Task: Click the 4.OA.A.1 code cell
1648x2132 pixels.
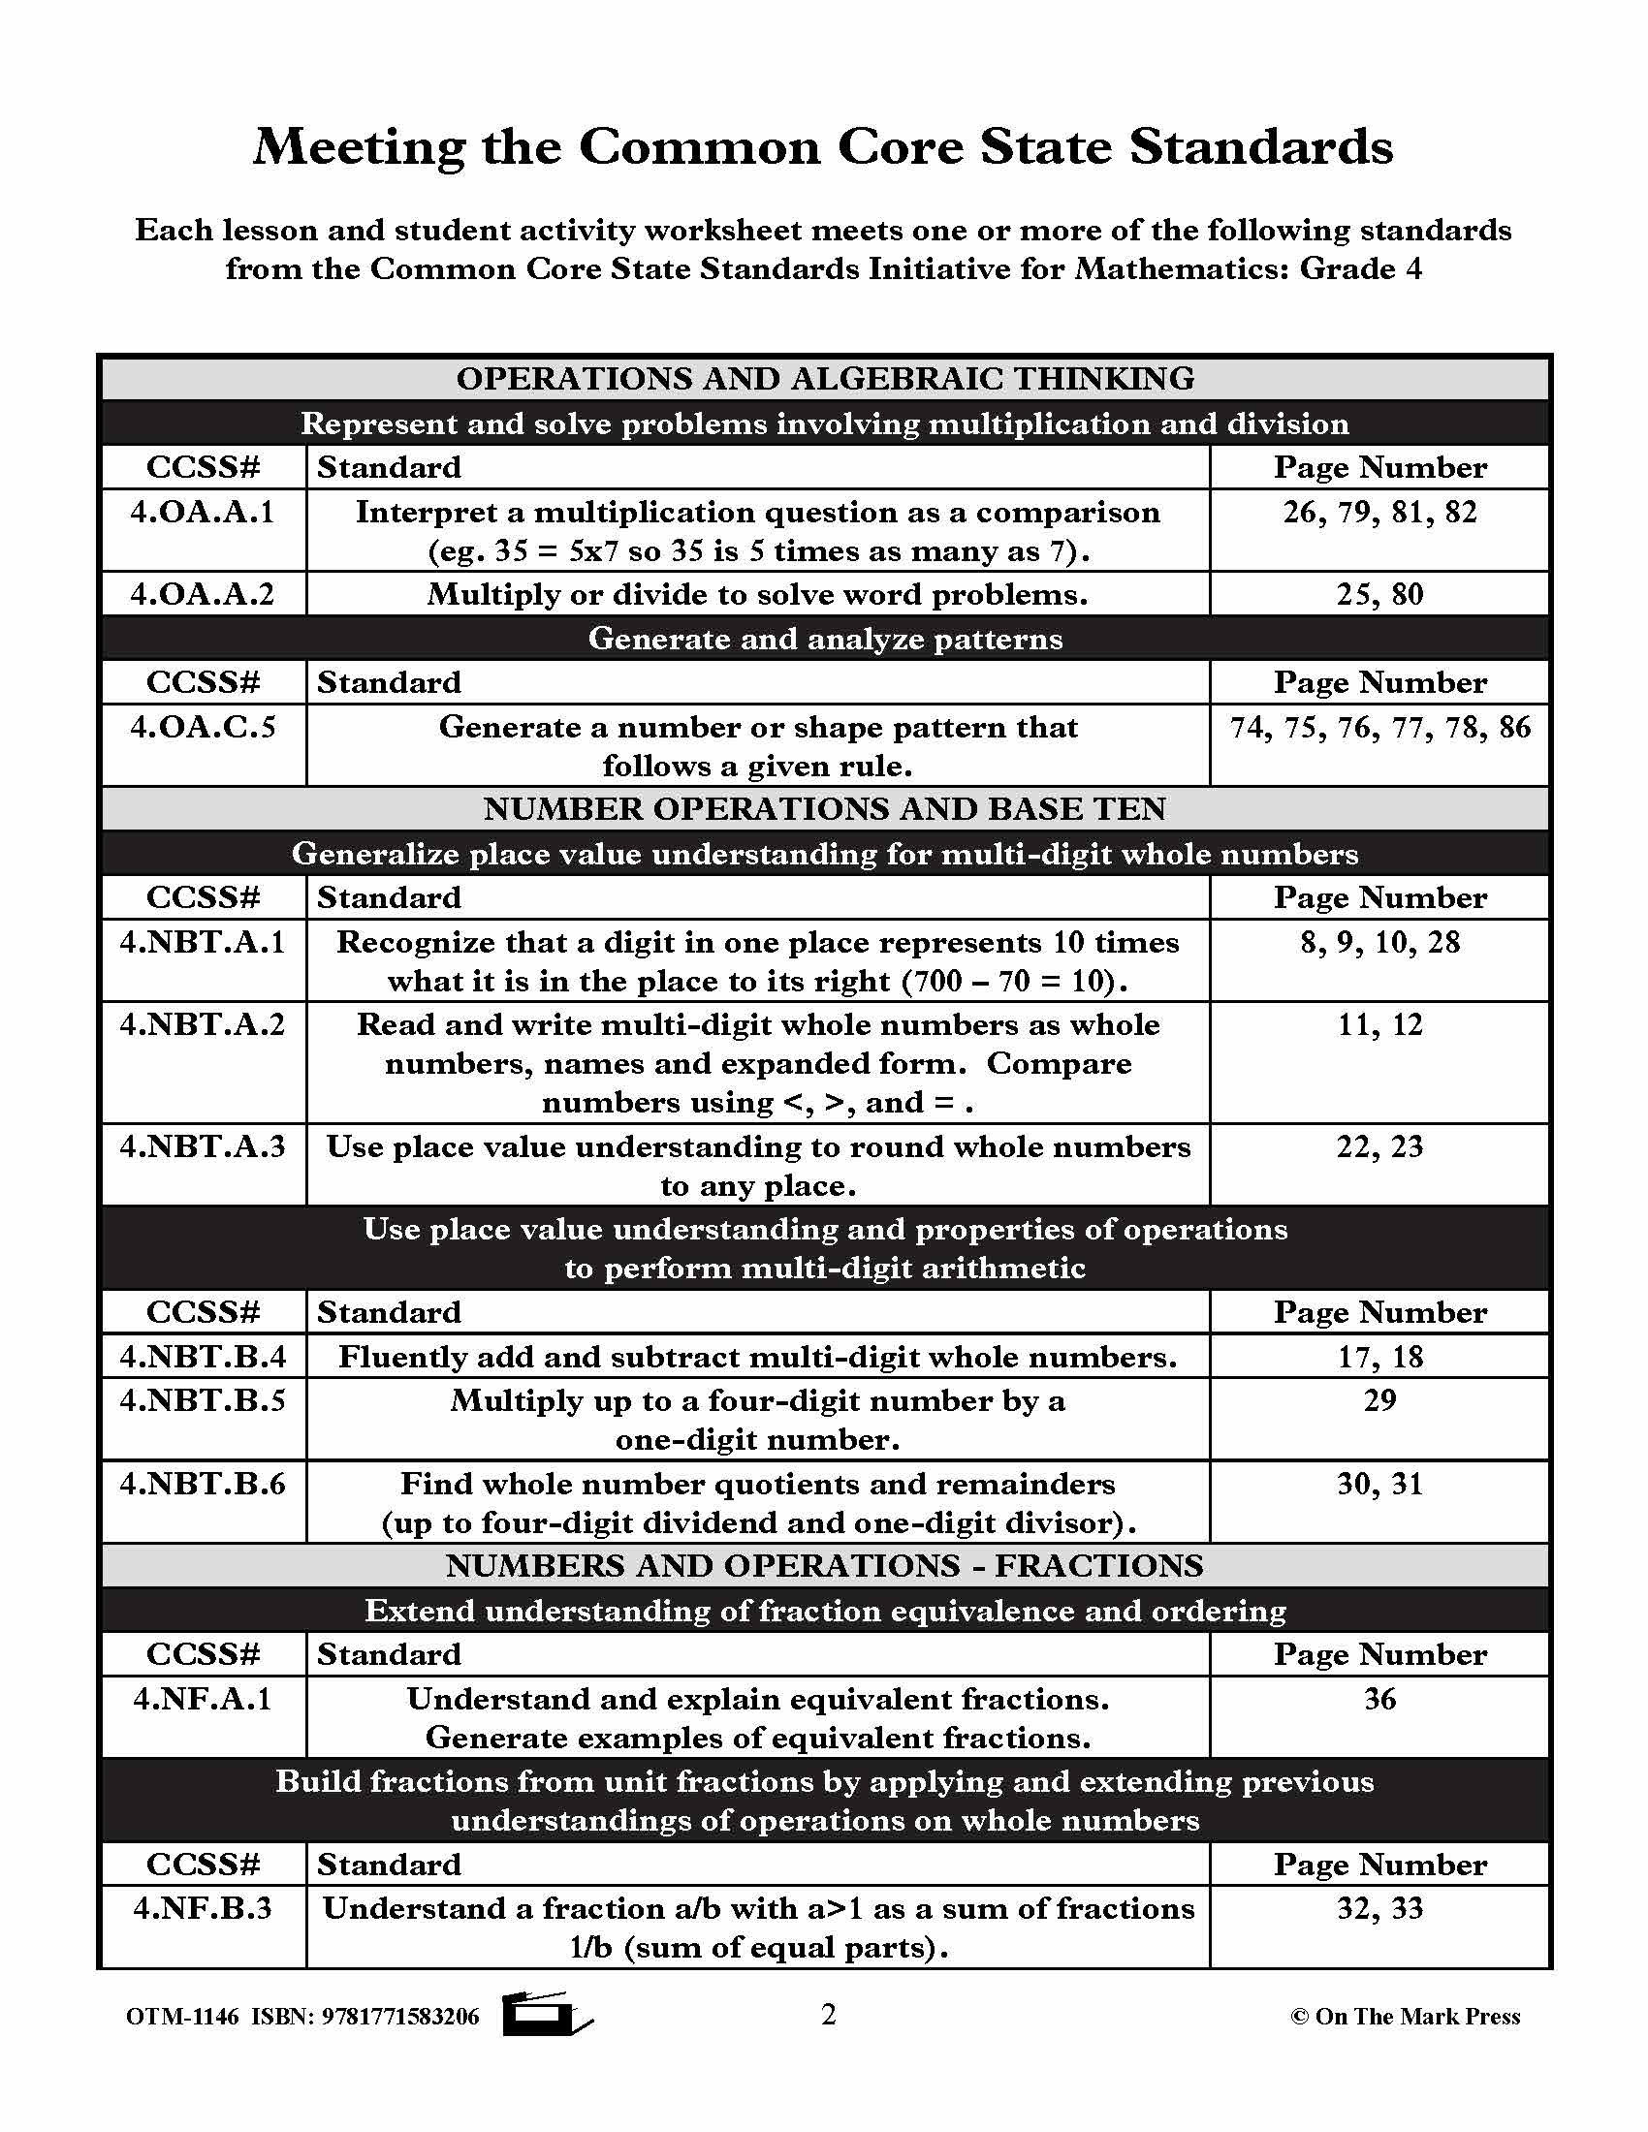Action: [x=203, y=513]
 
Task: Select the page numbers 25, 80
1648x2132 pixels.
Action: [x=1379, y=594]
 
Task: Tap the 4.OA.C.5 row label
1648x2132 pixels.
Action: [x=203, y=727]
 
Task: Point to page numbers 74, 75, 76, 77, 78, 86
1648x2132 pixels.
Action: [x=1379, y=727]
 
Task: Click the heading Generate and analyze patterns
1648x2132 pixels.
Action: [x=825, y=639]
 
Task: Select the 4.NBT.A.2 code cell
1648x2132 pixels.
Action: [x=203, y=1025]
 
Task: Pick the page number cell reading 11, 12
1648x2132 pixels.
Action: [x=1379, y=1025]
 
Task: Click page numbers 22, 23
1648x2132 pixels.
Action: [x=1379, y=1147]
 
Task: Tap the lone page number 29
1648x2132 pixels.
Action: [x=1379, y=1401]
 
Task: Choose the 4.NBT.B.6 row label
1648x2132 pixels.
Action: [x=203, y=1484]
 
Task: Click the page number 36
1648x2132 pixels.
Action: [x=1379, y=1700]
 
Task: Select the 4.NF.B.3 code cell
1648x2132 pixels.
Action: [x=203, y=1908]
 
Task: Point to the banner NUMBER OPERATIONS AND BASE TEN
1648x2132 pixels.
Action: [x=825, y=809]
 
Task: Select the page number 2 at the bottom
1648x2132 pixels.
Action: [x=828, y=2015]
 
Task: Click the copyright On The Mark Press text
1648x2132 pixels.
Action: [x=1405, y=2017]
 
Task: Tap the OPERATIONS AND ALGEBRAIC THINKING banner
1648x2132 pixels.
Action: [x=825, y=379]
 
